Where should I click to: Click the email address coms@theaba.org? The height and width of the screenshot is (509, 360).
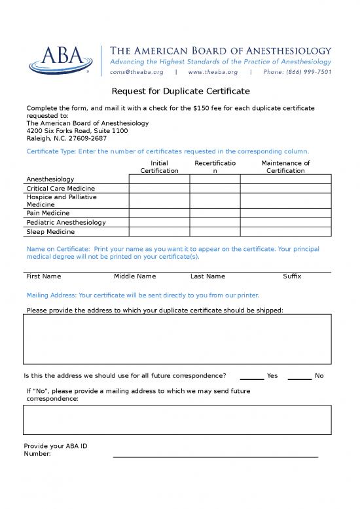136,72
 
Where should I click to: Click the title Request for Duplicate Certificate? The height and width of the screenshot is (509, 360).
180,91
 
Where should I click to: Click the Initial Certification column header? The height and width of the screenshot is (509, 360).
159,166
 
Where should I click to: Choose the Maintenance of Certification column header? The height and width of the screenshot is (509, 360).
285,166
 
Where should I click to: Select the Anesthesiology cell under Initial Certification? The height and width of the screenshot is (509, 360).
159,179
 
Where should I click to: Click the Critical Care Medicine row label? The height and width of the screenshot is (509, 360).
60,189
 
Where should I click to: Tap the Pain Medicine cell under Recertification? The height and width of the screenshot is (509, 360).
215,213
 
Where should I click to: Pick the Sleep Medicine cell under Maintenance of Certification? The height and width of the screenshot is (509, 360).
285,231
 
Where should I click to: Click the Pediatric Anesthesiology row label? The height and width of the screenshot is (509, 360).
65,222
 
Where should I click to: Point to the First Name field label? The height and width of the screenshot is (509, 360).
43,276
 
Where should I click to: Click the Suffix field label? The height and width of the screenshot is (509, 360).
292,276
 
